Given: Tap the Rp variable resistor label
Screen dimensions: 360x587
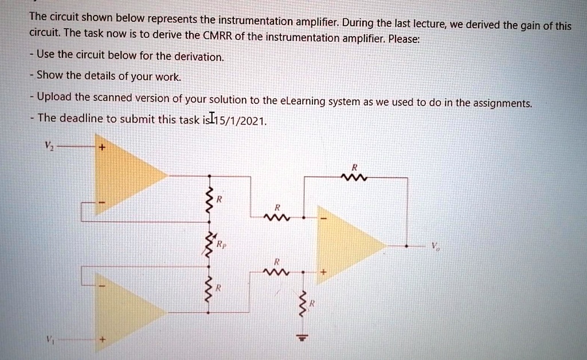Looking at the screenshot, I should (x=221, y=244).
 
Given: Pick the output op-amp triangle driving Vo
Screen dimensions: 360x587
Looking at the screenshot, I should (x=350, y=246).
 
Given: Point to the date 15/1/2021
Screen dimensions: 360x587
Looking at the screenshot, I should (x=240, y=120).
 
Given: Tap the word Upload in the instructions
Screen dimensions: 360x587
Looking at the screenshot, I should (x=54, y=97).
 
